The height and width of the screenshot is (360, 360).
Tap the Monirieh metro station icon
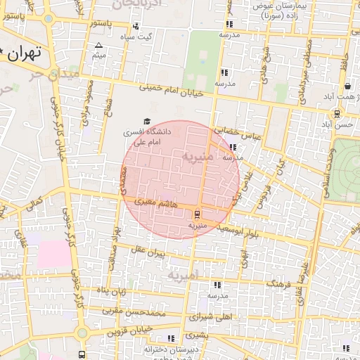click(x=197, y=214)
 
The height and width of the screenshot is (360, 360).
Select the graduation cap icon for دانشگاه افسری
click(x=146, y=121)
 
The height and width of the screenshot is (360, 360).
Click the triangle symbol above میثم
click(x=98, y=46)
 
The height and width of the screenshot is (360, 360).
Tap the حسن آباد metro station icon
click(x=337, y=113)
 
